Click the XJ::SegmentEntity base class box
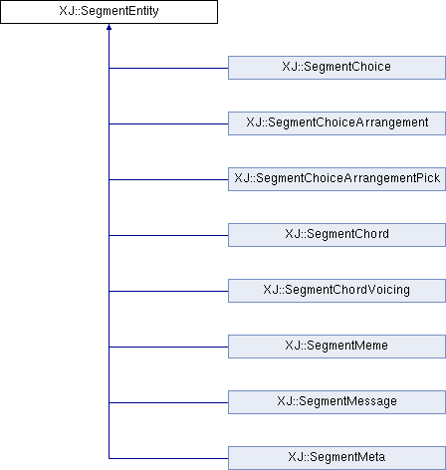point(109,12)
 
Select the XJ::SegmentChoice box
point(336,68)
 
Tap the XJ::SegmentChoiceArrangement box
point(336,123)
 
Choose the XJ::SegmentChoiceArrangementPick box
point(336,179)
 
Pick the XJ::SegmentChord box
point(336,235)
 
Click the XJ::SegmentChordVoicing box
point(336,291)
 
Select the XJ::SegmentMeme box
point(336,347)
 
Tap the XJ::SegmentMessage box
point(336,402)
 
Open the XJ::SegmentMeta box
point(336,458)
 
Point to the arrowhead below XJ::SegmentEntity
point(109,27)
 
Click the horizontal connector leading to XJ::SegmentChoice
point(168,68)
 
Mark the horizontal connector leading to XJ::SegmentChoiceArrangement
point(168,123)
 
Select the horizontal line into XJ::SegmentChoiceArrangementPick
point(168,179)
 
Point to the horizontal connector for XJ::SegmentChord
point(168,235)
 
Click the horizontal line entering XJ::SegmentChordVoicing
point(168,291)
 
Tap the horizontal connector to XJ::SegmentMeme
point(168,347)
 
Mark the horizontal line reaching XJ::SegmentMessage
point(168,402)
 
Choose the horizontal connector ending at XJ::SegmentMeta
point(168,458)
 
